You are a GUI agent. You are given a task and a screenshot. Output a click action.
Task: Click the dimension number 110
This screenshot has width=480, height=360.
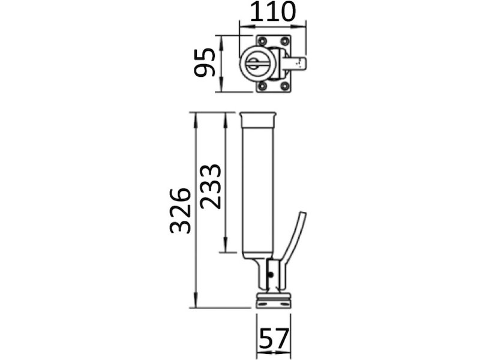(272, 11)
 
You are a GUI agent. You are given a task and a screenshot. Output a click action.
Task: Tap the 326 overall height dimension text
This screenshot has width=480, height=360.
(180, 210)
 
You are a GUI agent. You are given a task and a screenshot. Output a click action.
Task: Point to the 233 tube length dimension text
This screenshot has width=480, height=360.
(211, 185)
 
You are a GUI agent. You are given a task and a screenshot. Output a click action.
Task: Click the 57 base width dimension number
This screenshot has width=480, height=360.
(273, 339)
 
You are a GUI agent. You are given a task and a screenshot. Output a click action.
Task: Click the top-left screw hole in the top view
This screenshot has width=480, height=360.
(262, 41)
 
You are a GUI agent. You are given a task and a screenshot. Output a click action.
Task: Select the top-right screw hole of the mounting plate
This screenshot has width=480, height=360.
(284, 41)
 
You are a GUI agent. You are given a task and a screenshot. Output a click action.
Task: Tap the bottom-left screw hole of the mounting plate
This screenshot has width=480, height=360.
(262, 86)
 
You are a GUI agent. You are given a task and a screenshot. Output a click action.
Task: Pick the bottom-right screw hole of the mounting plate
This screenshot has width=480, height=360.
(284, 86)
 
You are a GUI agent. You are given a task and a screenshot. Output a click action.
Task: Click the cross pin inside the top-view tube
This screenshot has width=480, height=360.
(255, 64)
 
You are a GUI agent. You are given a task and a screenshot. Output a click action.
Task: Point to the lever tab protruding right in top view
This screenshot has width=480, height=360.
(298, 63)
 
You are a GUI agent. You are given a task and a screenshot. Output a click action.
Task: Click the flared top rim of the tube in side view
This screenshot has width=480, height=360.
(258, 115)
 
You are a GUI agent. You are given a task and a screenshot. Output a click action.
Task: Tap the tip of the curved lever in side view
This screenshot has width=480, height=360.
(302, 215)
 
